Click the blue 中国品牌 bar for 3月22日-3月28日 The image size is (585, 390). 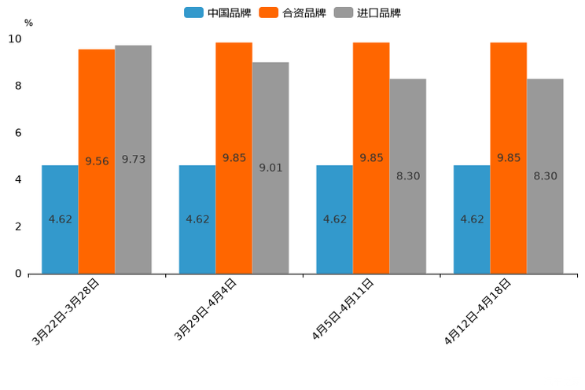(x=60, y=219)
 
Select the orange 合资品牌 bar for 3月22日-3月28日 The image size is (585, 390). (x=97, y=161)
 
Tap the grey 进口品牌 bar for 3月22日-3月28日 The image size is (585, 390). (x=133, y=159)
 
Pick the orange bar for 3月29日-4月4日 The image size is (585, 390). (x=234, y=158)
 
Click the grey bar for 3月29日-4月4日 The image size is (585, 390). (x=270, y=167)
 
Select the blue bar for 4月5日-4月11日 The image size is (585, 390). (x=334, y=219)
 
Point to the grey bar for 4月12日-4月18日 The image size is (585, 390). (x=545, y=176)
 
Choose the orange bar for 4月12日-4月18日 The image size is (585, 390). (x=508, y=158)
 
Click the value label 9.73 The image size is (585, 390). (x=133, y=160)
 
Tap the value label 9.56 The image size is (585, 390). (x=97, y=161)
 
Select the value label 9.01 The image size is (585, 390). (x=270, y=167)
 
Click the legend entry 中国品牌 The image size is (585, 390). (x=217, y=13)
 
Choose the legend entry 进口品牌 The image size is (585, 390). (x=367, y=13)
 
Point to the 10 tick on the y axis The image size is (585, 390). (x=15, y=39)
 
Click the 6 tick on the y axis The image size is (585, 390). (x=18, y=133)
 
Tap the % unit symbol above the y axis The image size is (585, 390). (x=28, y=23)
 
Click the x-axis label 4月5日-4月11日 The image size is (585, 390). (x=343, y=311)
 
